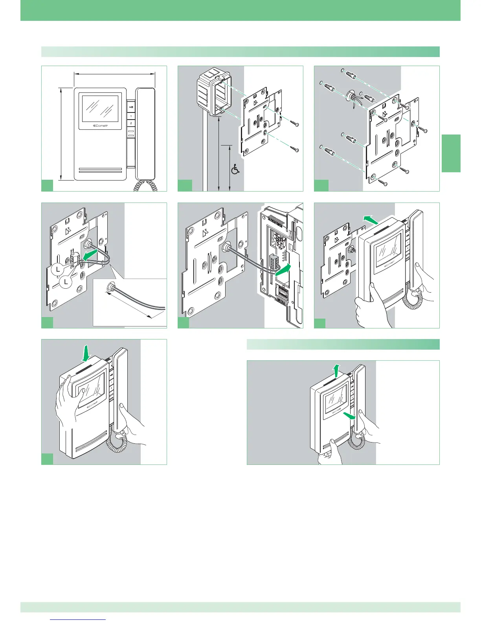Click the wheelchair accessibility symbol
click(x=235, y=170)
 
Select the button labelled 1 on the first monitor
click(x=131, y=116)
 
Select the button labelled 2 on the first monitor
click(x=131, y=123)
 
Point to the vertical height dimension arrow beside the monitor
click(x=61, y=134)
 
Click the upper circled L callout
click(x=57, y=269)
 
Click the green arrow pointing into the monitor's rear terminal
click(x=284, y=269)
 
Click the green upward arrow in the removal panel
click(x=336, y=371)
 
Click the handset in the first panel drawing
click(x=145, y=134)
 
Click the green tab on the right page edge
click(x=451, y=153)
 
